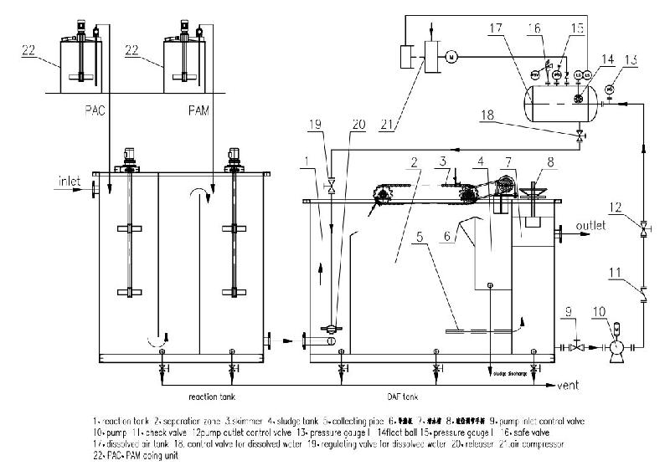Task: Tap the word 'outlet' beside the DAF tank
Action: click(x=592, y=226)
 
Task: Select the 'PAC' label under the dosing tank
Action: click(x=93, y=109)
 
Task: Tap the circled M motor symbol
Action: click(x=451, y=57)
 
